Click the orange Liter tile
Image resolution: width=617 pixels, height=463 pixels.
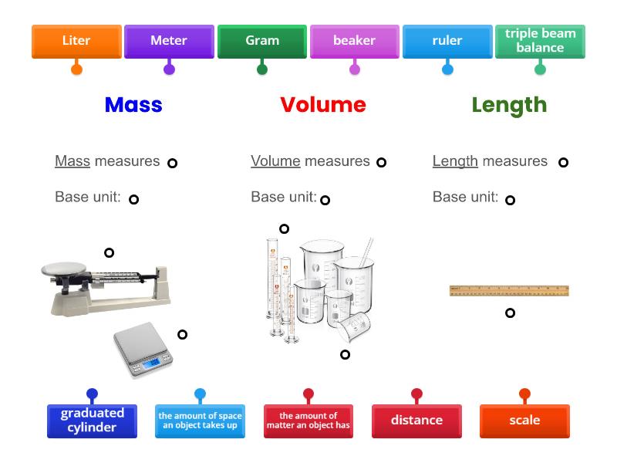pyautogui.click(x=76, y=41)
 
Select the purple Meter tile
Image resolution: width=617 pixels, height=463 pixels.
pyautogui.click(x=169, y=41)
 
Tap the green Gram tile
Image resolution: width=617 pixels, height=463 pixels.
pyautogui.click(x=262, y=41)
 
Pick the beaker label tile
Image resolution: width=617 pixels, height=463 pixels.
pyautogui.click(x=355, y=41)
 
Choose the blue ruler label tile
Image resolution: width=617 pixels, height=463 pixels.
pyautogui.click(x=447, y=41)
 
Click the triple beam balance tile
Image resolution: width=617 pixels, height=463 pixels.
pyautogui.click(x=540, y=41)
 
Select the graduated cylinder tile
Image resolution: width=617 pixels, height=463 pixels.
pyautogui.click(x=92, y=421)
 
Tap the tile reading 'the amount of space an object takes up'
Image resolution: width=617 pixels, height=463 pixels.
pyautogui.click(x=200, y=421)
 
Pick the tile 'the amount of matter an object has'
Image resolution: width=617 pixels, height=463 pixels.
pyautogui.click(x=308, y=421)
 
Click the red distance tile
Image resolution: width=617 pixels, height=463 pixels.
pyautogui.click(x=416, y=421)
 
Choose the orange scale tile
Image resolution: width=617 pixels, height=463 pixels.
pyautogui.click(x=524, y=421)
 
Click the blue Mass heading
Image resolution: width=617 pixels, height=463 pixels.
pyautogui.click(x=133, y=105)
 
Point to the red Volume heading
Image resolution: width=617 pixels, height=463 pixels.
pyautogui.click(x=323, y=105)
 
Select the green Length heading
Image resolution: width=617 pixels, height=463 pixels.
pyautogui.click(x=509, y=105)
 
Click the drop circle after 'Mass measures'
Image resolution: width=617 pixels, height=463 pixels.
pyautogui.click(x=173, y=163)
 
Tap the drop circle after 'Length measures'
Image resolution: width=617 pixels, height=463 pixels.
pyautogui.click(x=564, y=162)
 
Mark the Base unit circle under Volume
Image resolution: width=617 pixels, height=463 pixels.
pyautogui.click(x=325, y=200)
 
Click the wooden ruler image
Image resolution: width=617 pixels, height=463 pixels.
pyautogui.click(x=509, y=291)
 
